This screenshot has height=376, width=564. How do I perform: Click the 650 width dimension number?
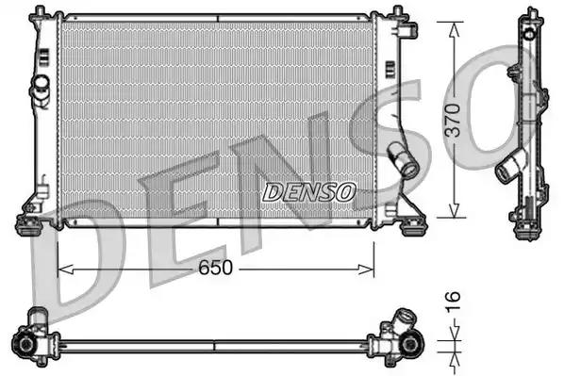[215, 269]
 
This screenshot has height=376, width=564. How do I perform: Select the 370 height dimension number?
[454, 121]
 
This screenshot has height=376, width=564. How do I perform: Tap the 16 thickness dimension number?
[454, 302]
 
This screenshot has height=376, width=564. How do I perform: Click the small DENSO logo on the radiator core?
[308, 192]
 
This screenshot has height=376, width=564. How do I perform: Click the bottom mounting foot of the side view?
[524, 220]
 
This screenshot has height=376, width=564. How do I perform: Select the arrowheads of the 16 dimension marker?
[454, 335]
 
